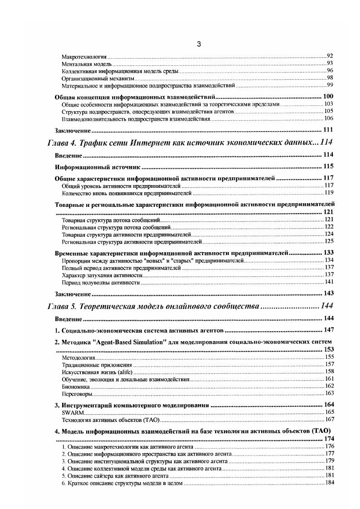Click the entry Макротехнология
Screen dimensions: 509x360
click(84, 57)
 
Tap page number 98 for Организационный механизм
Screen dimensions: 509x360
click(330, 78)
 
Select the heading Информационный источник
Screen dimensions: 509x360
click(97, 166)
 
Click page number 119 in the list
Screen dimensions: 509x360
click(329, 192)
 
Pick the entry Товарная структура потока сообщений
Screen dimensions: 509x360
click(111, 220)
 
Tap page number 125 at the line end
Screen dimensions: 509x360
click(329, 241)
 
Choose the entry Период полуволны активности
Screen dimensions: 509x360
click(100, 282)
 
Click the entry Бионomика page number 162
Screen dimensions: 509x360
click(330, 386)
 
